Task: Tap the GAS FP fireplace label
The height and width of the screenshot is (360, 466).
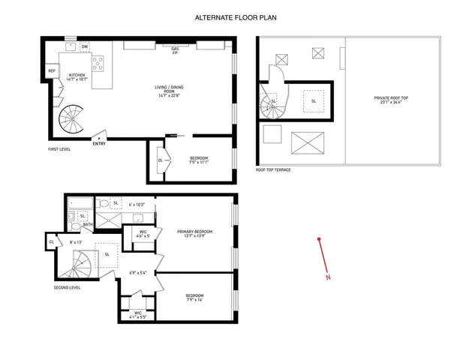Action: point(175,50)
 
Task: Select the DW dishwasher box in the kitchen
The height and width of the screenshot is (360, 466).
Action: point(86,46)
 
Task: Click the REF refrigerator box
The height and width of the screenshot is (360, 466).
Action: point(52,71)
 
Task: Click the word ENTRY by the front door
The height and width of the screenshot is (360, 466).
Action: point(99,144)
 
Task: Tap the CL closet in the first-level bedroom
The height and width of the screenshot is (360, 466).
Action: point(160,160)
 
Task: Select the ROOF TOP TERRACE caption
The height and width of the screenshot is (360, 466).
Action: point(272,170)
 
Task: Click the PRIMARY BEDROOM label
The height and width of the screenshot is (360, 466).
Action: point(194,234)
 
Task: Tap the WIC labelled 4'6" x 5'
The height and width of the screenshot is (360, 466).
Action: point(143,234)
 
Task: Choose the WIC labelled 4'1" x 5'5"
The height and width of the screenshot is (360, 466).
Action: point(138,314)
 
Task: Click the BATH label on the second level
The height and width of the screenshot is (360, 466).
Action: point(87,224)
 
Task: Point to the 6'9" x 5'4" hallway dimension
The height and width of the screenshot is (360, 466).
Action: point(137,272)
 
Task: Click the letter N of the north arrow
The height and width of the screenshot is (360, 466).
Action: point(329,277)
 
